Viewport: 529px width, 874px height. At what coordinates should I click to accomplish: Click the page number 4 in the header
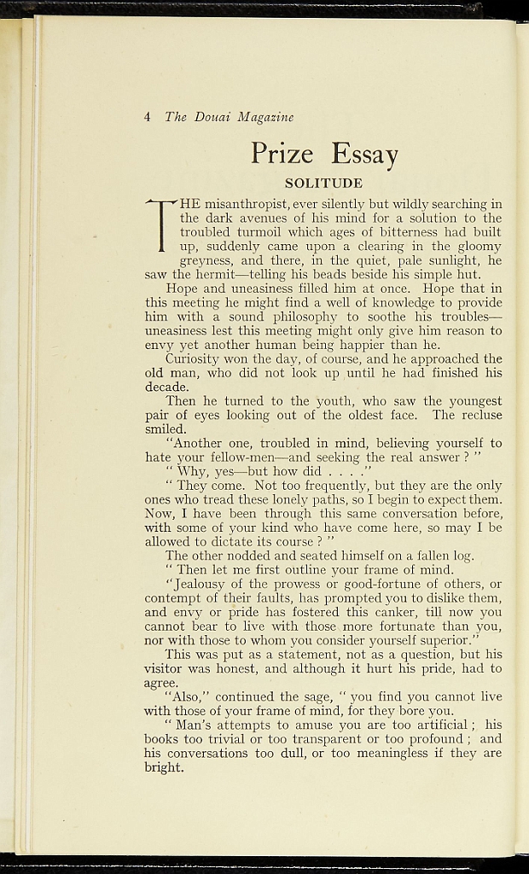click(148, 117)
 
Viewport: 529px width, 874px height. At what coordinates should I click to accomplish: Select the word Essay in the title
click(364, 154)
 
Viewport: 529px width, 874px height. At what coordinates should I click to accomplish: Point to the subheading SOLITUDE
click(323, 184)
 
